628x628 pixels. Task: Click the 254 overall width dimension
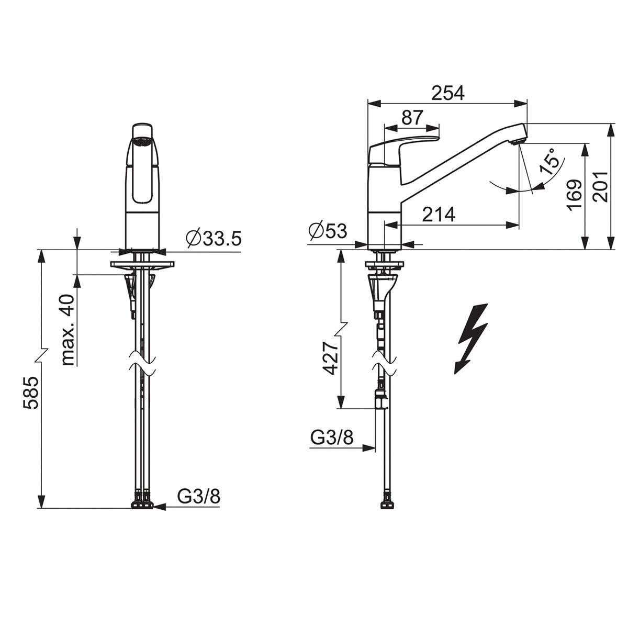coord(448,93)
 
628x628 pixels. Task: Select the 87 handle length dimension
coord(412,117)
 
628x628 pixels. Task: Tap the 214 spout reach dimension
coord(439,215)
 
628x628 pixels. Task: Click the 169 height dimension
coord(574,195)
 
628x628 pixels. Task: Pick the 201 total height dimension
coord(600,186)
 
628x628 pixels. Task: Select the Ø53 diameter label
coord(328,231)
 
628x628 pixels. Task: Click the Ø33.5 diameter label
coord(214,238)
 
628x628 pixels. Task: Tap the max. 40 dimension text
coord(68,330)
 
